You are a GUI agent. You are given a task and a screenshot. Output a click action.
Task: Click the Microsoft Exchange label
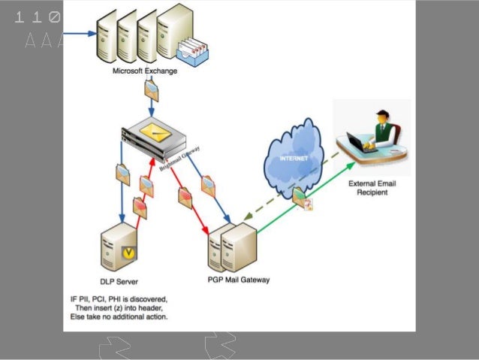[145, 71]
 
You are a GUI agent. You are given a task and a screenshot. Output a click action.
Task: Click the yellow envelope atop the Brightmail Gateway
[158, 129]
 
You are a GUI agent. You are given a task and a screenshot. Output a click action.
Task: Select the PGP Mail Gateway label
[238, 280]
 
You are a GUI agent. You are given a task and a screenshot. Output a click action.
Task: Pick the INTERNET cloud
[294, 159]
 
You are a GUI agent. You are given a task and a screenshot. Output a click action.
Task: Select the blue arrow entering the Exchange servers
[79, 33]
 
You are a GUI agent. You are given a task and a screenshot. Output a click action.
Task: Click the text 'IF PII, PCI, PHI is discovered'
[124, 298]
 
